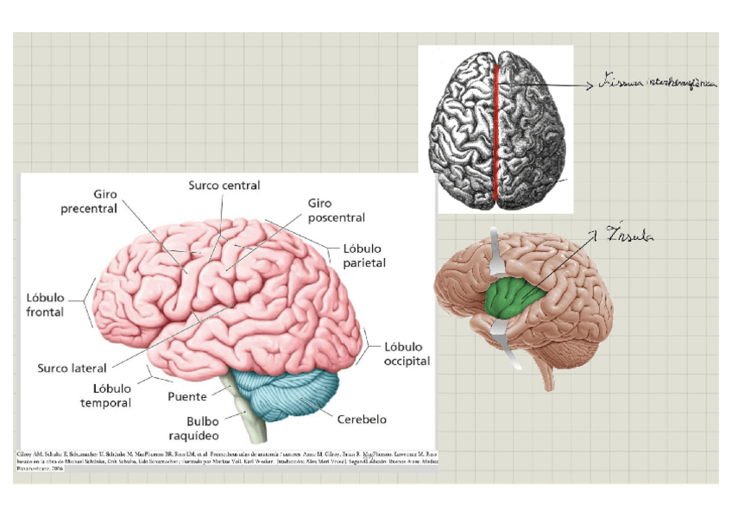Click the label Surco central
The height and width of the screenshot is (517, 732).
tap(224, 185)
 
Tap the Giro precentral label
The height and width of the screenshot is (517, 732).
tap(89, 202)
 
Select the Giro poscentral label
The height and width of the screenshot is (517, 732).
tap(336, 211)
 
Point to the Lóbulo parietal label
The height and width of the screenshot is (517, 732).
tap(363, 255)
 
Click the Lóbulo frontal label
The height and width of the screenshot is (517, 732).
tap(45, 305)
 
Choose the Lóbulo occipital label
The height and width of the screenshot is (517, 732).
tap(407, 354)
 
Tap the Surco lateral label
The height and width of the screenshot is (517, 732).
tap(72, 369)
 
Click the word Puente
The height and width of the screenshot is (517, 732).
tap(186, 397)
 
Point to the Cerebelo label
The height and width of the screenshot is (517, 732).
tap(363, 420)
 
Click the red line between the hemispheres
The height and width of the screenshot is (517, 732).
tap(496, 129)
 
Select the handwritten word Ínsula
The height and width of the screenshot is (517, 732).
tap(631, 233)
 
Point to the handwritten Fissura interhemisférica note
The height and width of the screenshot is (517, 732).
tap(656, 85)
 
